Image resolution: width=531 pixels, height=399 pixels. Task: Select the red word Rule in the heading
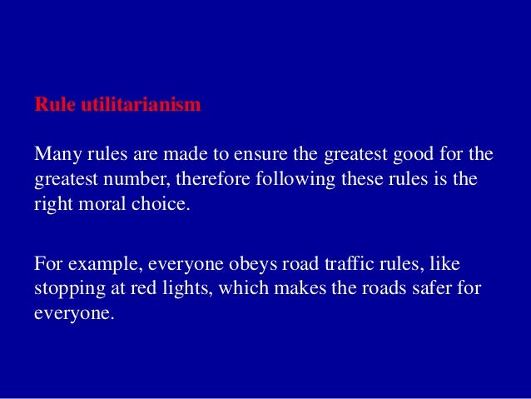tap(51, 107)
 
